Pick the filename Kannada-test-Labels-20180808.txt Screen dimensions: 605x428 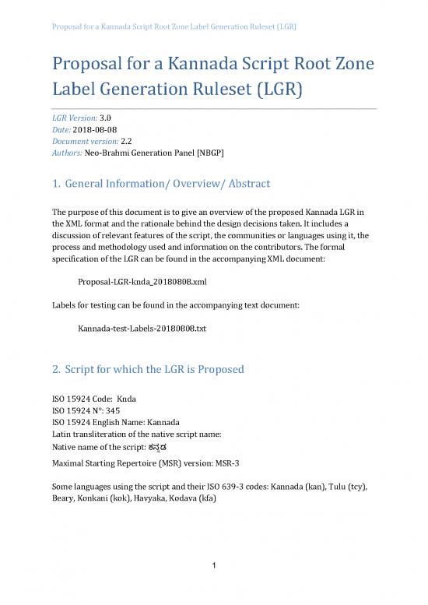click(x=142, y=329)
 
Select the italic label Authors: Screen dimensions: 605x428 click(x=65, y=153)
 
